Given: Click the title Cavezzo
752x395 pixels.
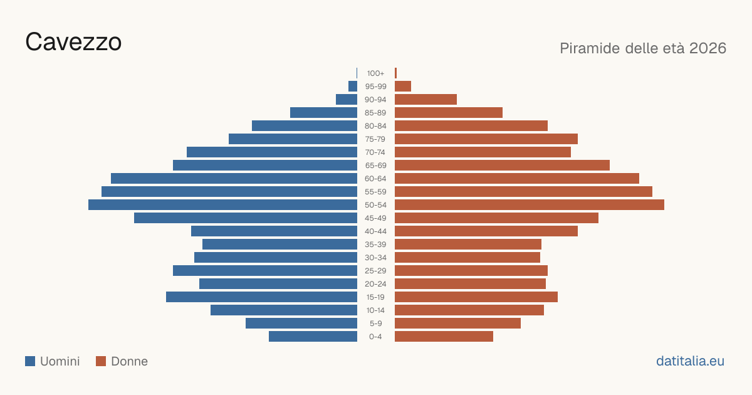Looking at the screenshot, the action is click(73, 42).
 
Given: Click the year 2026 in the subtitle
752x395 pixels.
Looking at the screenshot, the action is click(708, 48).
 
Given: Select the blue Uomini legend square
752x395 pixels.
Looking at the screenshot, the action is click(30, 361).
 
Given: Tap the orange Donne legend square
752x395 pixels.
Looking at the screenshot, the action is click(101, 361).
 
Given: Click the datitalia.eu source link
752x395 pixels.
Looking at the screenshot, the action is click(690, 361).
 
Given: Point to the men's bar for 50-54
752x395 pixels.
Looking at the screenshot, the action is click(222, 205).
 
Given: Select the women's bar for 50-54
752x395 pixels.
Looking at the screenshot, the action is click(530, 205).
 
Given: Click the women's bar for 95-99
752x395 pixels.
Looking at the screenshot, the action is click(403, 87).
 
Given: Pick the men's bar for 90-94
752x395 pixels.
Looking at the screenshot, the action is click(347, 100).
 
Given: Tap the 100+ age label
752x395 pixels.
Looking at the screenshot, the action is click(375, 73).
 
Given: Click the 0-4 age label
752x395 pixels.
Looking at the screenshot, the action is click(375, 337).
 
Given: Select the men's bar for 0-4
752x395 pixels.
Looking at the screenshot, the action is click(313, 337).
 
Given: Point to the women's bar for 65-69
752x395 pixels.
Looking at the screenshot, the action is click(502, 166).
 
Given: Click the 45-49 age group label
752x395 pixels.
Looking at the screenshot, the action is click(375, 218).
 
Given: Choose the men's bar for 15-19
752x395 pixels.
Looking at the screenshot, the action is click(261, 297).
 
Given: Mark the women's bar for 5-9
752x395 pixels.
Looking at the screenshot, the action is click(457, 324).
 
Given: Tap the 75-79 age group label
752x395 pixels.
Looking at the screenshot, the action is click(375, 139).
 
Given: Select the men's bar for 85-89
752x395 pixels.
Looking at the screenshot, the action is click(323, 112).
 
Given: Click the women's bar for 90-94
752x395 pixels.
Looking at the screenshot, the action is click(426, 100).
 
